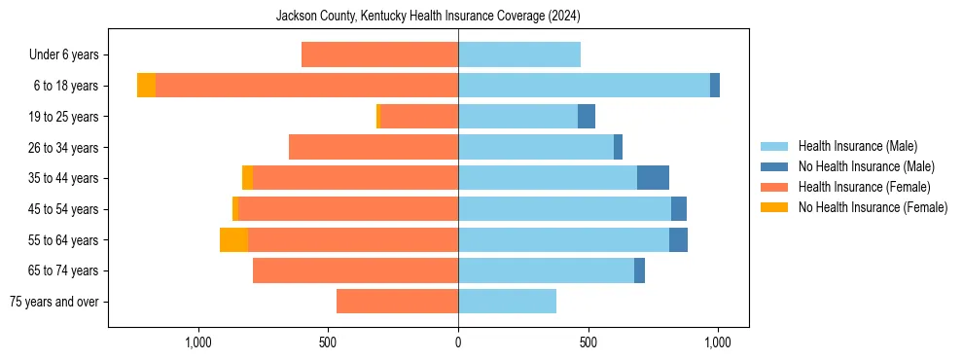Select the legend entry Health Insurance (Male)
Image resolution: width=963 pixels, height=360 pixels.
click(857, 146)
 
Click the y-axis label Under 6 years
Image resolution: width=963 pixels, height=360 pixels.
click(63, 54)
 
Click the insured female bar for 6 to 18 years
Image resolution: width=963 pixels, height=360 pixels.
click(306, 86)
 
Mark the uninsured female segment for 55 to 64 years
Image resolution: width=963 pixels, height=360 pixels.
click(233, 239)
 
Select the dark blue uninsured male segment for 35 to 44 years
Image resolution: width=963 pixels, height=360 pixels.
click(653, 178)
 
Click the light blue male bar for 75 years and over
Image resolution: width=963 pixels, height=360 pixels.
click(507, 302)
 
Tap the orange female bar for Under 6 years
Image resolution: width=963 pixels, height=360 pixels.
click(379, 54)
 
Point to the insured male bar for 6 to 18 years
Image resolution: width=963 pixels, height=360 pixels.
click(584, 86)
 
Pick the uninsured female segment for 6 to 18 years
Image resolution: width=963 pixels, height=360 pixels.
click(146, 86)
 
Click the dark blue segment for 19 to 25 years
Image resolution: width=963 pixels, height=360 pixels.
click(587, 117)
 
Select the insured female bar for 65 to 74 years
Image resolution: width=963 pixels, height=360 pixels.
click(355, 270)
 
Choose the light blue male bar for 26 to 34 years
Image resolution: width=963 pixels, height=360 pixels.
click(536, 147)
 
